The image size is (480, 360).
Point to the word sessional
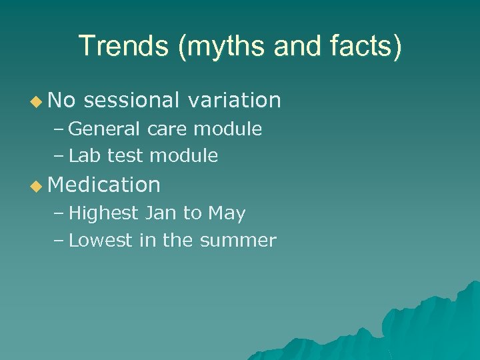[132, 100]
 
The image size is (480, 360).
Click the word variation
[234, 100]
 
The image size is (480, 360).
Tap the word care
[169, 129]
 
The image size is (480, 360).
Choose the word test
[125, 156]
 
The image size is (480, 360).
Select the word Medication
[105, 185]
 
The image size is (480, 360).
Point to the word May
[227, 214]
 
